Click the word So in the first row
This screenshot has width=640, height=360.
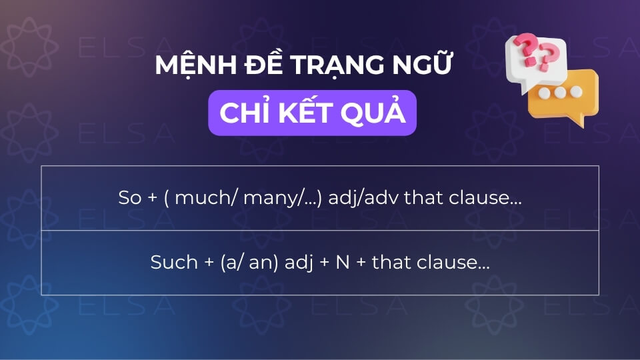pyautogui.click(x=127, y=198)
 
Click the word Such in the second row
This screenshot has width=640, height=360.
pyautogui.click(x=171, y=263)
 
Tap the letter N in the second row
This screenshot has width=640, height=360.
pyautogui.click(x=342, y=263)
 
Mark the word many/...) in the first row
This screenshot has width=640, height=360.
pyautogui.click(x=267, y=198)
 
